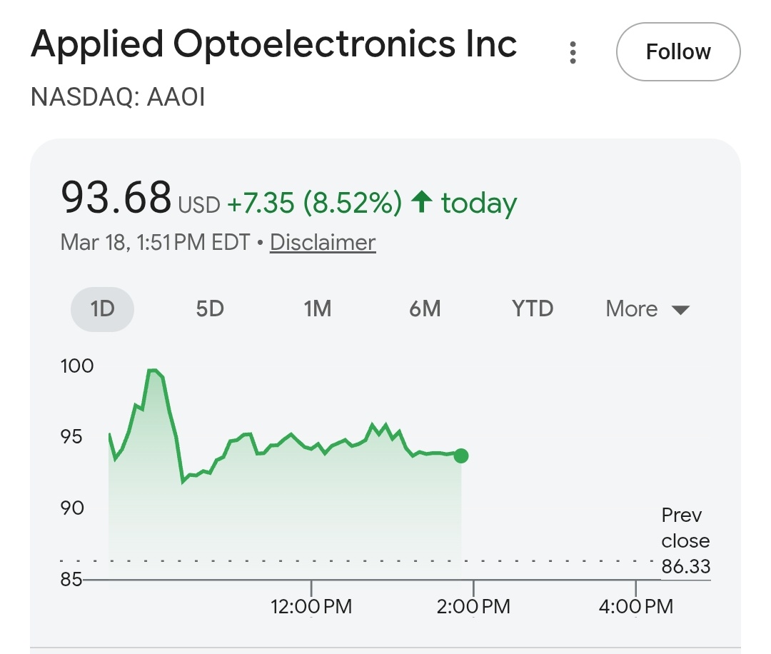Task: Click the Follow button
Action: click(x=678, y=52)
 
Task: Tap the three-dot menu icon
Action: click(x=573, y=52)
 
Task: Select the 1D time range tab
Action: click(x=102, y=309)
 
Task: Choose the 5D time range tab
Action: click(x=210, y=309)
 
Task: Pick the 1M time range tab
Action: click(x=317, y=309)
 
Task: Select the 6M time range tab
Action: click(x=425, y=309)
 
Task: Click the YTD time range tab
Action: click(x=533, y=309)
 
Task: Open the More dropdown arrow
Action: click(x=680, y=310)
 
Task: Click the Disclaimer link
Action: click(x=323, y=243)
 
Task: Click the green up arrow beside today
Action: click(x=422, y=203)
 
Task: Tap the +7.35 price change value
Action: click(x=261, y=203)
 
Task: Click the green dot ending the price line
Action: click(x=461, y=456)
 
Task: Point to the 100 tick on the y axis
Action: click(x=77, y=366)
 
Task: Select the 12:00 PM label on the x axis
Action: click(x=311, y=608)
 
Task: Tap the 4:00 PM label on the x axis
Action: click(x=635, y=608)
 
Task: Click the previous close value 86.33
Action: click(x=686, y=567)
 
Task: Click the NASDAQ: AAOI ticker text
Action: click(x=118, y=97)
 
